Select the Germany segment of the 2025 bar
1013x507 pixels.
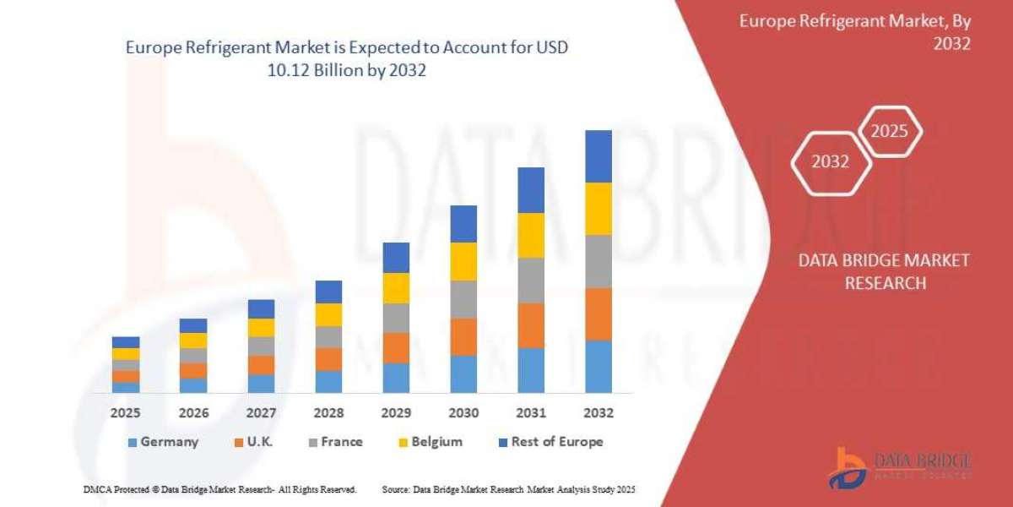pyautogui.click(x=126, y=387)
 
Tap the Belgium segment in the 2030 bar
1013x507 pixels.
pyautogui.click(x=463, y=261)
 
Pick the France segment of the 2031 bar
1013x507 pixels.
pyautogui.click(x=531, y=281)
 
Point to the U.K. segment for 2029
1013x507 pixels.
pyautogui.click(x=396, y=347)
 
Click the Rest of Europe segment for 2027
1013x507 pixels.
pyautogui.click(x=261, y=308)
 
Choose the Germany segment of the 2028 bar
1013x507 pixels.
pyautogui.click(x=328, y=381)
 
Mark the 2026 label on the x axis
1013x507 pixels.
pyautogui.click(x=193, y=413)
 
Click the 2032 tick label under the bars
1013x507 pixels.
pyautogui.click(x=599, y=413)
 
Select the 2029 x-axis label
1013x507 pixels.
pyautogui.click(x=396, y=413)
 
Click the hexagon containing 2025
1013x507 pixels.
pyautogui.click(x=889, y=132)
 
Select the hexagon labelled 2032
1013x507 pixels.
pyautogui.click(x=830, y=161)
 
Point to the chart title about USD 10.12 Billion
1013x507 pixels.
pyautogui.click(x=346, y=59)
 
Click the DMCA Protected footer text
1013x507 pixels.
pyautogui.click(x=220, y=489)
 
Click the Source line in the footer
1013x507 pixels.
pyautogui.click(x=508, y=489)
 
